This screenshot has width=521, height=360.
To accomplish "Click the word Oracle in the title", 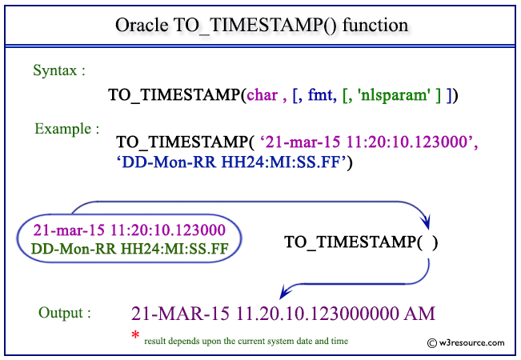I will point(142,25).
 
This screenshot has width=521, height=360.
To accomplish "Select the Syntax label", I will point(58,70).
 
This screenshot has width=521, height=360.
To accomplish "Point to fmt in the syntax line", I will point(329,95).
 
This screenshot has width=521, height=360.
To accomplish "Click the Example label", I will point(66,127).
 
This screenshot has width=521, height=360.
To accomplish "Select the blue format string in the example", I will point(234,162).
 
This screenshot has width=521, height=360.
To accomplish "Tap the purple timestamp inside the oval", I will point(130,230).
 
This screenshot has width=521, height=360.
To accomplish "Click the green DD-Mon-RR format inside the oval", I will point(130,248).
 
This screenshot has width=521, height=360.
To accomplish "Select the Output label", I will point(64,312).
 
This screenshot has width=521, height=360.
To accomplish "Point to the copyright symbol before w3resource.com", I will point(433,342).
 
